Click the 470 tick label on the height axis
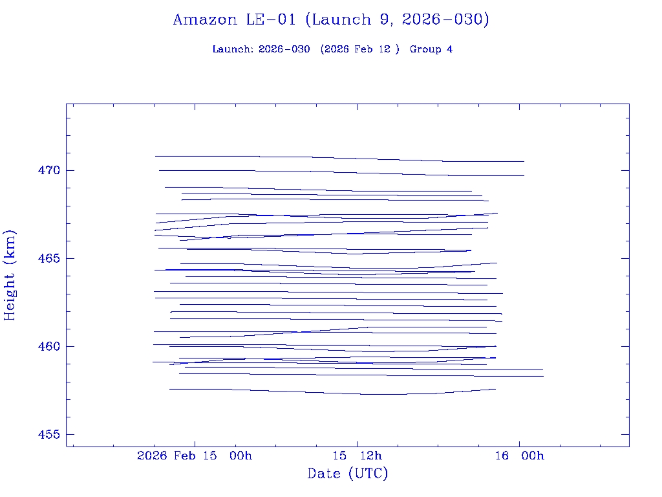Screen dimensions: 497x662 48,171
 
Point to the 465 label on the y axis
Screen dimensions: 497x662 48,259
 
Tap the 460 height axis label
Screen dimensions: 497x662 48,347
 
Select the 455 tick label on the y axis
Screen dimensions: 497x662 48,435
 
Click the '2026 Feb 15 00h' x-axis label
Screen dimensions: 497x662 195,456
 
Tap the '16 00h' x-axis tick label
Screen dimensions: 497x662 520,456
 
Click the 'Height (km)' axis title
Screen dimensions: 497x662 10,275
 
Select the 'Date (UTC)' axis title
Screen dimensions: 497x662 348,474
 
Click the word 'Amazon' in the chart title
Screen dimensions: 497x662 205,19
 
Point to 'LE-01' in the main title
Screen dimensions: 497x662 270,19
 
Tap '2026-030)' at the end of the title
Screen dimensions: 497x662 445,19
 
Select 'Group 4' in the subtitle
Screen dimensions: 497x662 431,49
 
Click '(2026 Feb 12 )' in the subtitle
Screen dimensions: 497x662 360,49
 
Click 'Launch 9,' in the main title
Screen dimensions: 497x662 349,19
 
